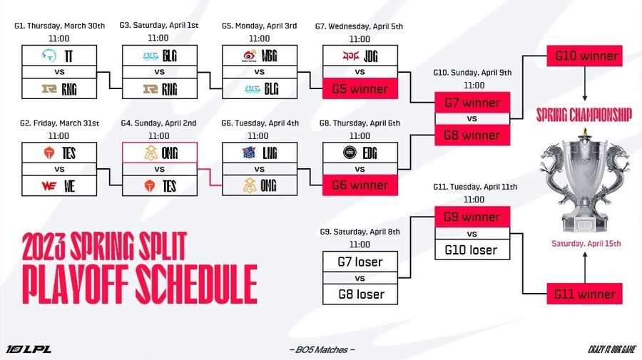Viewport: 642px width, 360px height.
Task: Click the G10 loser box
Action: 472,250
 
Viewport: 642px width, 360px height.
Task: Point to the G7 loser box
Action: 360,262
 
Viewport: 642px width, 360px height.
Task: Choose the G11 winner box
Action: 584,294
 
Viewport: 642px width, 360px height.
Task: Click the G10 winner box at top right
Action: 584,56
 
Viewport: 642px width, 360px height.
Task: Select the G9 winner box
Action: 472,217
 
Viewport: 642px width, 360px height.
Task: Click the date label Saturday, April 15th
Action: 585,243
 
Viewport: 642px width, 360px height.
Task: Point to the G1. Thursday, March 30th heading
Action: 59,26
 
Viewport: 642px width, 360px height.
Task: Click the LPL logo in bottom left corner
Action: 29,349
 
